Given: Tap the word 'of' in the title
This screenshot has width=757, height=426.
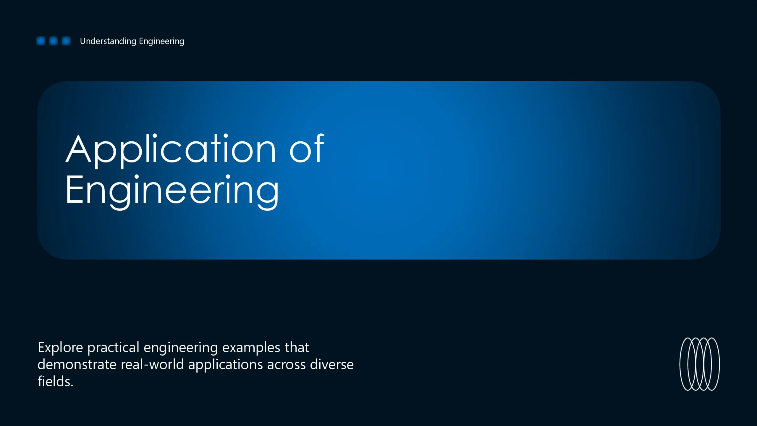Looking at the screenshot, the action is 307,148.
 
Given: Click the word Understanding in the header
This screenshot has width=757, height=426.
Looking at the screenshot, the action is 108,41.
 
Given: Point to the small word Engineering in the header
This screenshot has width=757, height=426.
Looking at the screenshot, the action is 161,41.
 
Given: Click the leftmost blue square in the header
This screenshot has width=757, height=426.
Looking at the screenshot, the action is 41,41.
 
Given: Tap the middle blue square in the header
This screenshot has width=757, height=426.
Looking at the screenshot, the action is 53,41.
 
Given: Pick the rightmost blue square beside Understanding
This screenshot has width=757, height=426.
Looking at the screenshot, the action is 66,41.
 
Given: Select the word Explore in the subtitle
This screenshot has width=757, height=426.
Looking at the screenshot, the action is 60,348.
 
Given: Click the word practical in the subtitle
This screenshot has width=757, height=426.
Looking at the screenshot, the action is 113,348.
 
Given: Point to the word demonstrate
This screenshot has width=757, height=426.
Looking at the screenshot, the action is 77,364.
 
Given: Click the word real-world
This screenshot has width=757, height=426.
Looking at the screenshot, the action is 152,364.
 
